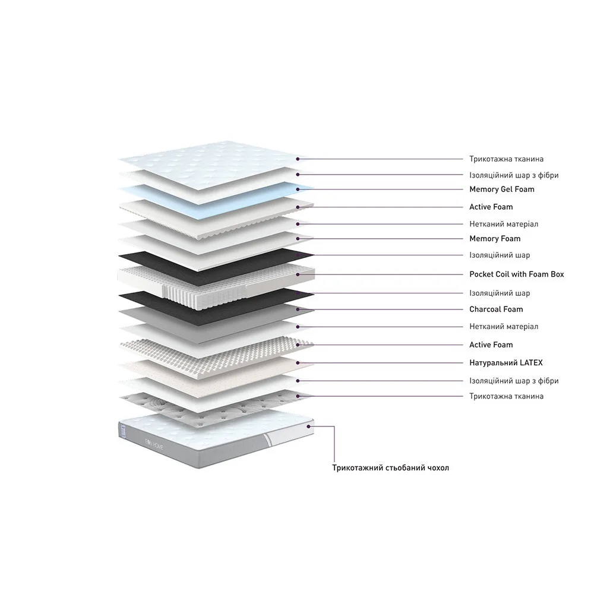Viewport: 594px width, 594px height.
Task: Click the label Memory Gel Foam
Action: coord(501,189)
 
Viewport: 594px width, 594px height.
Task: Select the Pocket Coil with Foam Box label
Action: coord(516,274)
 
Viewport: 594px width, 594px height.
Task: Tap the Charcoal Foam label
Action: coord(496,309)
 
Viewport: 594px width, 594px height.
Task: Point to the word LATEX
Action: coord(531,363)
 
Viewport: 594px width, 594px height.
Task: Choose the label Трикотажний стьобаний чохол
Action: coord(391,468)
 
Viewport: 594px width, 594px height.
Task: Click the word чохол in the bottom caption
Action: coord(438,468)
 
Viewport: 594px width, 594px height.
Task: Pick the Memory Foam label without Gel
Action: coord(495,239)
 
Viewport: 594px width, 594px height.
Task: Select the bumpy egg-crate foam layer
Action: coord(216,354)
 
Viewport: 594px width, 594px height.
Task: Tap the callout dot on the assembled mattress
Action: coord(309,426)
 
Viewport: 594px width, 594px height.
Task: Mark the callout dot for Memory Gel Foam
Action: coord(298,189)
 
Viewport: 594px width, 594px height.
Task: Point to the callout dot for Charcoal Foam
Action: coord(298,309)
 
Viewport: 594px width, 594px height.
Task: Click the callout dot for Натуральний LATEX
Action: coord(298,363)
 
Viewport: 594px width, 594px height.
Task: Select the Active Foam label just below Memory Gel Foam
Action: coord(491,207)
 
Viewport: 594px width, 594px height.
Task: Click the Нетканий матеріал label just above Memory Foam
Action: coord(504,225)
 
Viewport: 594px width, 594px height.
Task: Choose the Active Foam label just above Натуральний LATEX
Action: coord(491,345)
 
